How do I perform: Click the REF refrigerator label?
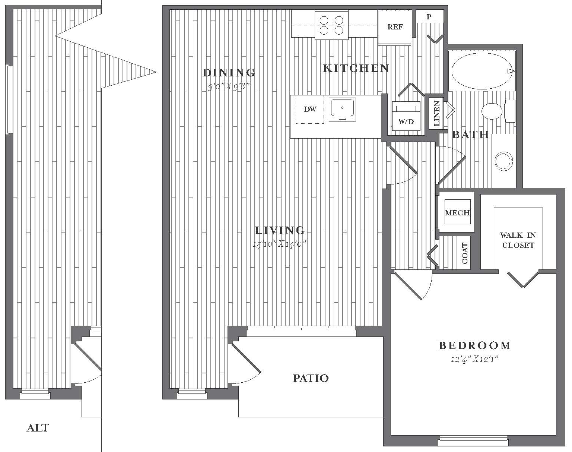[395, 27]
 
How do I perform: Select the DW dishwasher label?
[310, 109]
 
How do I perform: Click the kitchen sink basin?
[342, 110]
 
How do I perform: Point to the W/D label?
[406, 121]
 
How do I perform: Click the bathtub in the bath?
[482, 71]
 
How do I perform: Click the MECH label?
[457, 213]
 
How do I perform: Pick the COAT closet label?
[465, 253]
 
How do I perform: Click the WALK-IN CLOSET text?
[518, 240]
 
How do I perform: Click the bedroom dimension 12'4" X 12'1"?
[474, 360]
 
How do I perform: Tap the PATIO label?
[311, 378]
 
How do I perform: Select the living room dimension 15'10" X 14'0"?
[280, 244]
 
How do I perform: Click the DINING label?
[229, 73]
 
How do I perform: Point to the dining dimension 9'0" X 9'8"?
[229, 86]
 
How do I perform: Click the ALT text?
[38, 428]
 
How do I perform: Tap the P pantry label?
[429, 17]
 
